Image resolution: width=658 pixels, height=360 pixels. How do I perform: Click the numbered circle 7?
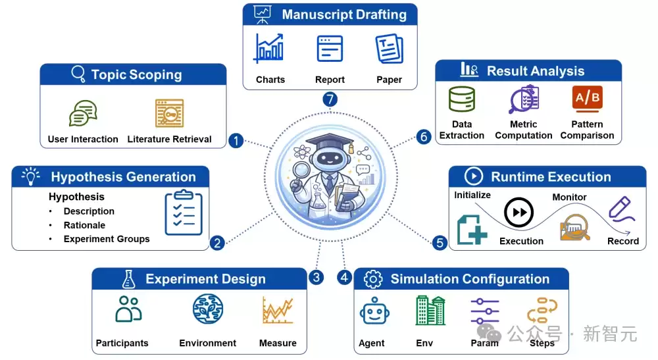330,99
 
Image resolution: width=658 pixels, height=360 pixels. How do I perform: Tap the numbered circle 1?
236,141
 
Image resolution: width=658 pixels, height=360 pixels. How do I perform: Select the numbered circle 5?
440,242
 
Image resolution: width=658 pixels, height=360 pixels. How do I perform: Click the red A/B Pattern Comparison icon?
587,99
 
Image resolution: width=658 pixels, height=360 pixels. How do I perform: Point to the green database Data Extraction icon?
462,99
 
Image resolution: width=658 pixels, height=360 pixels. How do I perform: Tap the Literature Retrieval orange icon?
170,113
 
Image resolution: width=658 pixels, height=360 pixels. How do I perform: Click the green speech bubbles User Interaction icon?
83,113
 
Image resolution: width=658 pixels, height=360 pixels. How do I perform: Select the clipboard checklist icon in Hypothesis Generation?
184,213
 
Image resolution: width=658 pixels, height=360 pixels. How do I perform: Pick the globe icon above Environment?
208,309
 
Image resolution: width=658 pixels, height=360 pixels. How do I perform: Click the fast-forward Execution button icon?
519,213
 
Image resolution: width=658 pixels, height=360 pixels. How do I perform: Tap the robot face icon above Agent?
374,311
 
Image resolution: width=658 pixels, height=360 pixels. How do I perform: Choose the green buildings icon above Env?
430,310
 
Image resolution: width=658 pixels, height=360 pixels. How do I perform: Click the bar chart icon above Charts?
269,49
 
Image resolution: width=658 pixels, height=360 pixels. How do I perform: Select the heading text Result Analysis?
536,71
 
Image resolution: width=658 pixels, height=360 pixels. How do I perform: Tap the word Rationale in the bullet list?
84,225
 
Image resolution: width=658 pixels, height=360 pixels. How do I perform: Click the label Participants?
122,343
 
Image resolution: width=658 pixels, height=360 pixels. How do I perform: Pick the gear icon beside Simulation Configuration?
373,279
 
